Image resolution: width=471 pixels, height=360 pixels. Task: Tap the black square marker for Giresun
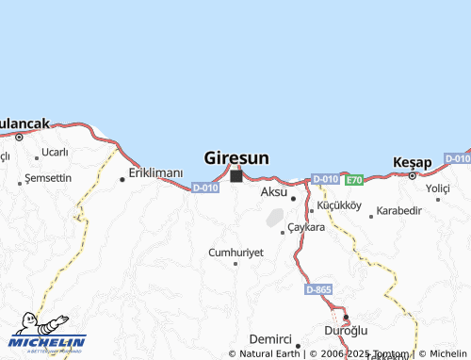pyautogui.click(x=235, y=175)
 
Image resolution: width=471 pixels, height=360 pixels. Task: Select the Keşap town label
pyautogui.click(x=413, y=161)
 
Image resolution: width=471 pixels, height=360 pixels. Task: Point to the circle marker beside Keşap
pyautogui.click(x=413, y=174)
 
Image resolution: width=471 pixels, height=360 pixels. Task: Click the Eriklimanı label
pyautogui.click(x=156, y=172)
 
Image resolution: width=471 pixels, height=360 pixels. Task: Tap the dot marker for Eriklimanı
pyautogui.click(x=122, y=179)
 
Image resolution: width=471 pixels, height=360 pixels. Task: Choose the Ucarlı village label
pyautogui.click(x=55, y=152)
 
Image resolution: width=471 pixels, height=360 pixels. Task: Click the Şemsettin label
pyautogui.click(x=48, y=177)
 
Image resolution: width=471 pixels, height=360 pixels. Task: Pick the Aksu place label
pyautogui.click(x=273, y=191)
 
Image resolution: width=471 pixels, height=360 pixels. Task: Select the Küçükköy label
pyautogui.click(x=340, y=204)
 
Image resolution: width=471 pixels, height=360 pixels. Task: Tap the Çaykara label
pyautogui.click(x=306, y=227)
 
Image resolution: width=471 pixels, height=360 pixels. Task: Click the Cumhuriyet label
pyautogui.click(x=235, y=253)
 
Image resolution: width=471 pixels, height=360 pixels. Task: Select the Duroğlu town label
pyautogui.click(x=346, y=330)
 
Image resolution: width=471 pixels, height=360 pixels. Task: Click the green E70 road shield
pyautogui.click(x=354, y=179)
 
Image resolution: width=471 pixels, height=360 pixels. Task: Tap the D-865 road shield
pyautogui.click(x=318, y=289)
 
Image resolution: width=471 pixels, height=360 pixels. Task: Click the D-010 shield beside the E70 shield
pyautogui.click(x=325, y=179)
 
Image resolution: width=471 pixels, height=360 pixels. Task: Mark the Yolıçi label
pyautogui.click(x=438, y=188)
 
